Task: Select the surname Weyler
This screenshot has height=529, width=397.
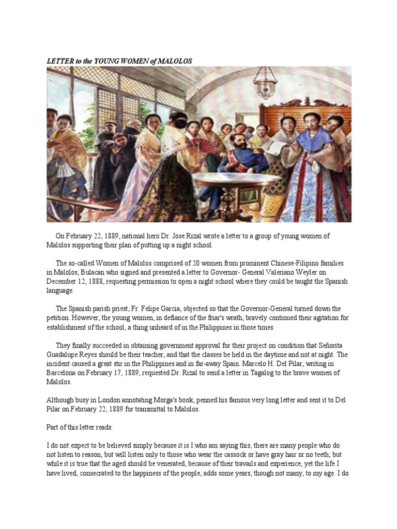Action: click(314, 272)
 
